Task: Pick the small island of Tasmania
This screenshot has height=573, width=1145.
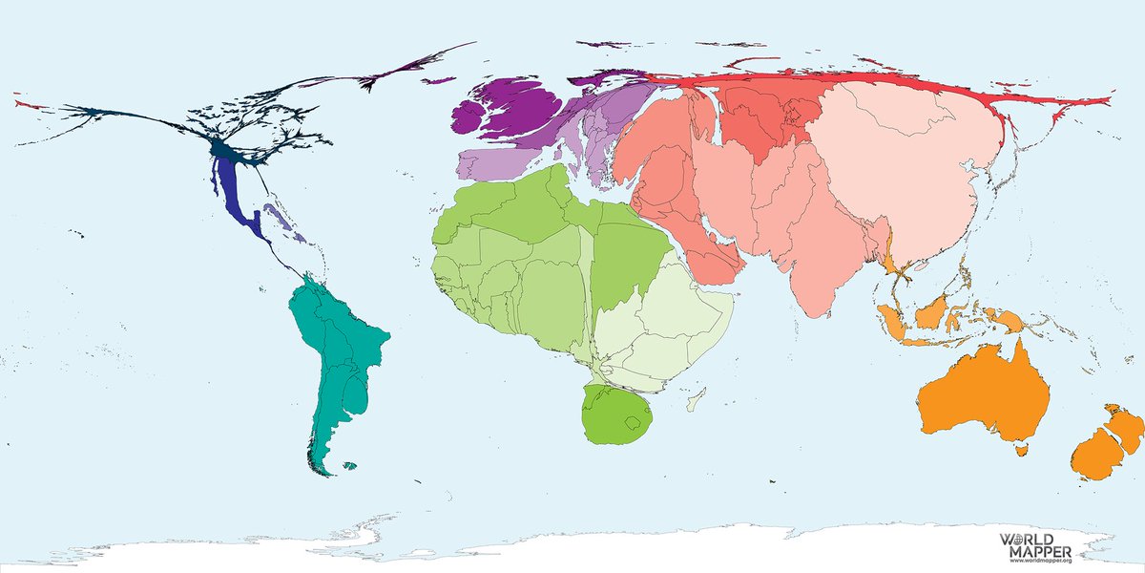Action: [x=1022, y=446]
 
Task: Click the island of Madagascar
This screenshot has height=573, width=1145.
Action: [x=699, y=395]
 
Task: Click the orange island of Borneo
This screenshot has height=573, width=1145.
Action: [x=935, y=310]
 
